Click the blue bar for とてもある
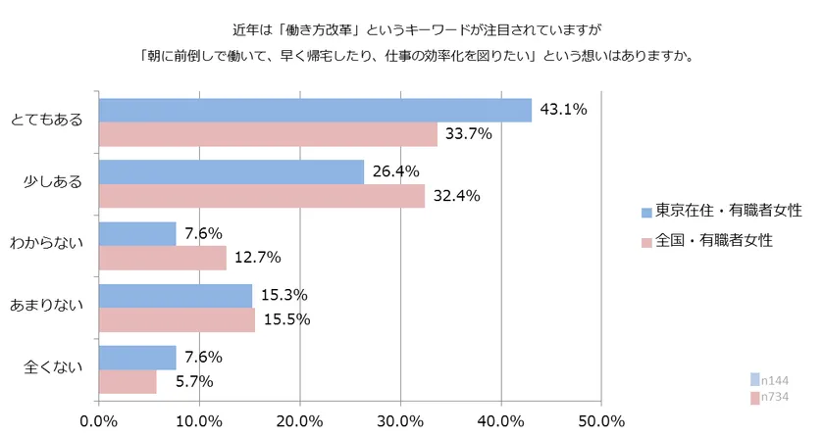coord(314,110)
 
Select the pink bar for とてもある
coord(267,134)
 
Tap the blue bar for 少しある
coord(231,171)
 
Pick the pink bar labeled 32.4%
coord(261,196)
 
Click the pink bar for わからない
coord(162,258)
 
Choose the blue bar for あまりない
coord(175,295)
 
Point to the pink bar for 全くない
coord(128,381)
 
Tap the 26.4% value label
coord(395,171)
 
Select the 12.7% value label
coord(258,258)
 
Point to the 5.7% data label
coord(189,381)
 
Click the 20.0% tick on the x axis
coord(299,421)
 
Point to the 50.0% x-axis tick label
coord(600,421)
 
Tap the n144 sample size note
coord(774,380)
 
